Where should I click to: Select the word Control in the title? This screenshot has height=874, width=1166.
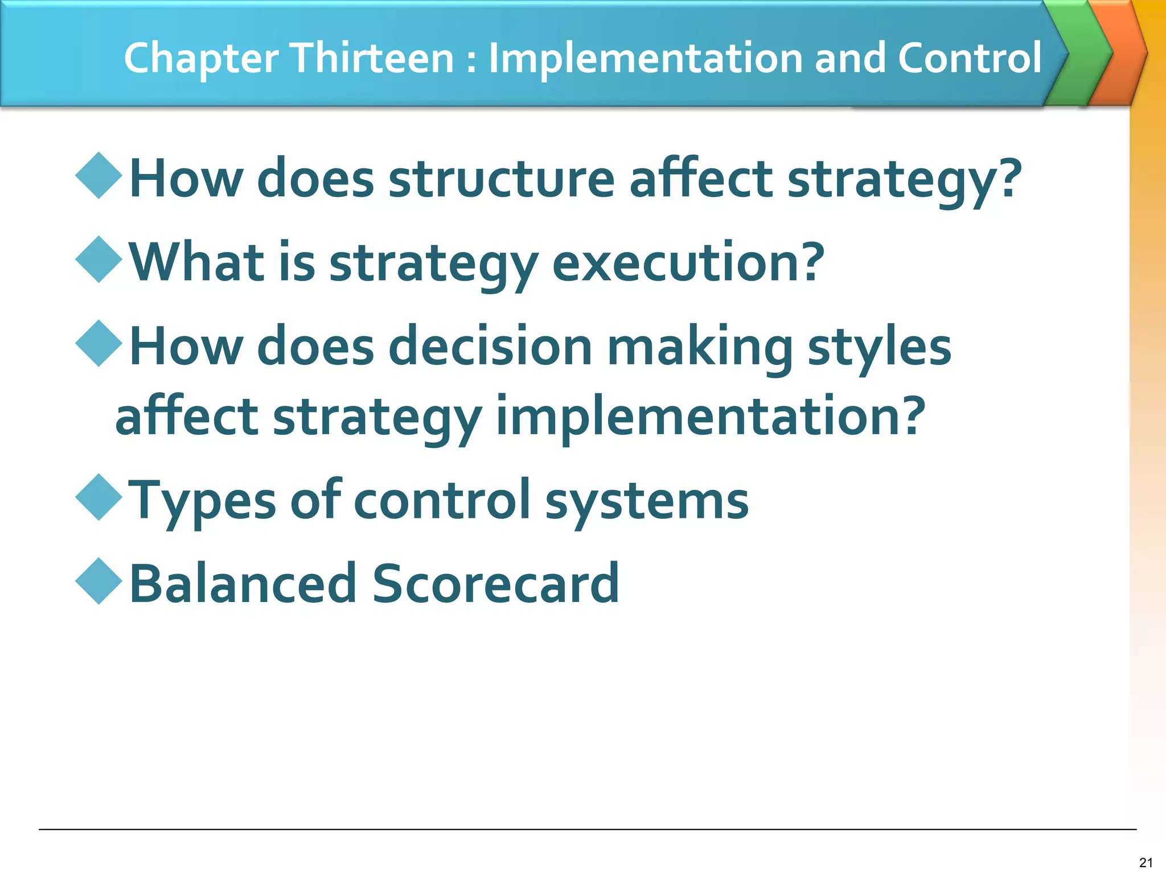pos(970,58)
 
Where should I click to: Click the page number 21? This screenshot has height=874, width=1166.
pos(1146,863)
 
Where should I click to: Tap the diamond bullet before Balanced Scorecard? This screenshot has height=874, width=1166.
pos(99,581)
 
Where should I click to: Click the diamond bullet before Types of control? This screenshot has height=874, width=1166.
pos(99,497)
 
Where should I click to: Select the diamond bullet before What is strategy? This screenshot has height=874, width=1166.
pos(99,259)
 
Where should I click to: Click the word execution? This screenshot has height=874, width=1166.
pos(688,263)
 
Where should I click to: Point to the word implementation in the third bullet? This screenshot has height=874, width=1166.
pos(711,417)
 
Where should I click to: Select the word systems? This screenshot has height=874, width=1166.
pos(647,501)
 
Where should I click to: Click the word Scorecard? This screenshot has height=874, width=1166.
pos(495,584)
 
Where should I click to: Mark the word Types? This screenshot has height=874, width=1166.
pos(202,501)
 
